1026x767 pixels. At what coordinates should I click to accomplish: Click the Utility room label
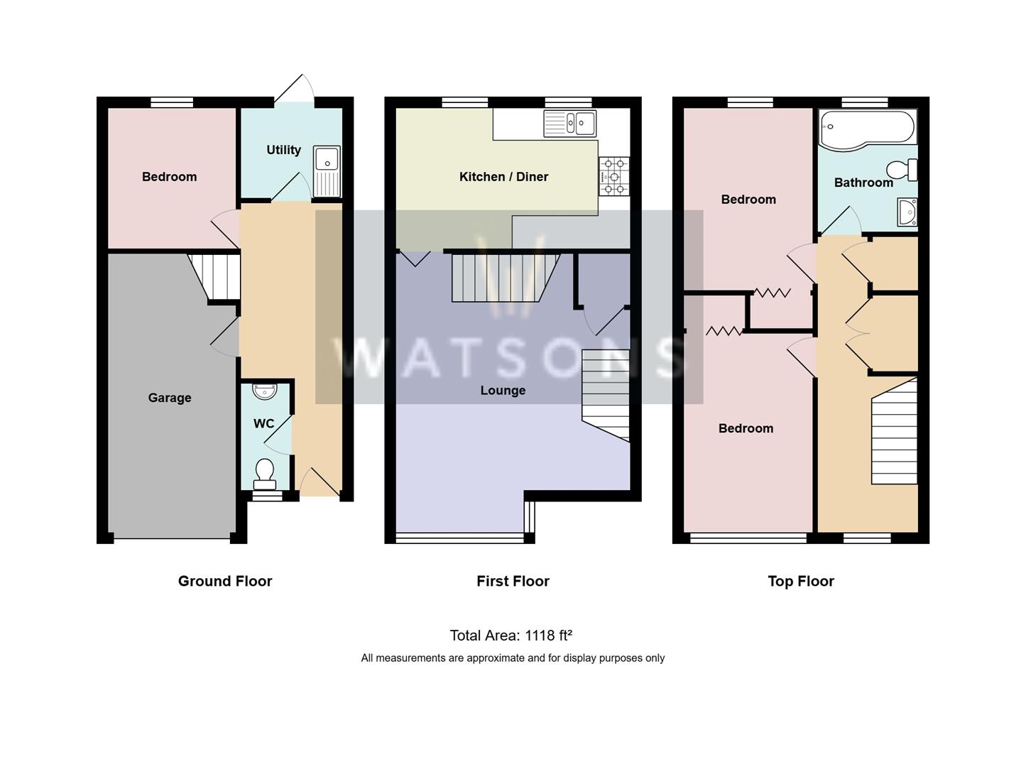(x=283, y=150)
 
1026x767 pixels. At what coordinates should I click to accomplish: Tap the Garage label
(x=170, y=398)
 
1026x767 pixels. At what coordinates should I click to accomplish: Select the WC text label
(x=263, y=423)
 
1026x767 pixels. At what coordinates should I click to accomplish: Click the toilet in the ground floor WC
(x=265, y=473)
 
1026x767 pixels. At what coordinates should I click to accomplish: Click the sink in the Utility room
(x=327, y=170)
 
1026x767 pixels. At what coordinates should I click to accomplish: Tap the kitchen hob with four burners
(x=613, y=176)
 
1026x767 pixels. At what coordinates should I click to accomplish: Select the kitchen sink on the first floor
(x=569, y=124)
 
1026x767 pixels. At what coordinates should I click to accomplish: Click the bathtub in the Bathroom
(x=867, y=129)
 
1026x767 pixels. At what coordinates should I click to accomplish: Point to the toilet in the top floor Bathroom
(x=902, y=170)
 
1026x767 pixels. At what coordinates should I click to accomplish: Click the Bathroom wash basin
(x=907, y=212)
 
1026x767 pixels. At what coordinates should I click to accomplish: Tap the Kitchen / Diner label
(x=503, y=177)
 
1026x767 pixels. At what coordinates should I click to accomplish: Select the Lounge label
(x=503, y=391)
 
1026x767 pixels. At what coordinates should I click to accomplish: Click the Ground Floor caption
(x=225, y=581)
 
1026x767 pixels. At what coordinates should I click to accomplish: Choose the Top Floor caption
(x=800, y=581)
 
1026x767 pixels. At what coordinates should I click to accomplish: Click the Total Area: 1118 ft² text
(x=511, y=636)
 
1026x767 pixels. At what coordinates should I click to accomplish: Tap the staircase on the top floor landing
(x=894, y=433)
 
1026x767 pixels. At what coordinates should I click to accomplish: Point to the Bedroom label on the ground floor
(x=169, y=177)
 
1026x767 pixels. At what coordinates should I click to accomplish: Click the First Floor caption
(x=513, y=581)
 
